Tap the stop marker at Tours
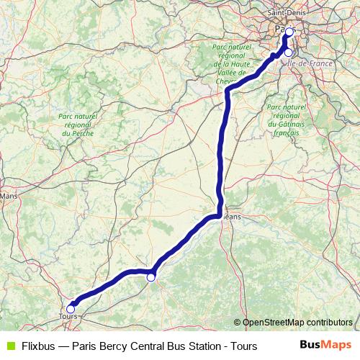tap(71, 308)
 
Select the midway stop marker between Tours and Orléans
tap(151, 276)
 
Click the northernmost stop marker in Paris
tap(289, 32)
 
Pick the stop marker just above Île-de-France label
tap(289, 53)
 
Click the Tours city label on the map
tap(67, 317)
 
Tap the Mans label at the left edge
tap(9, 195)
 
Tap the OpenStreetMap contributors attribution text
tap(297, 322)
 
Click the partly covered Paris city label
tap(280, 29)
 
